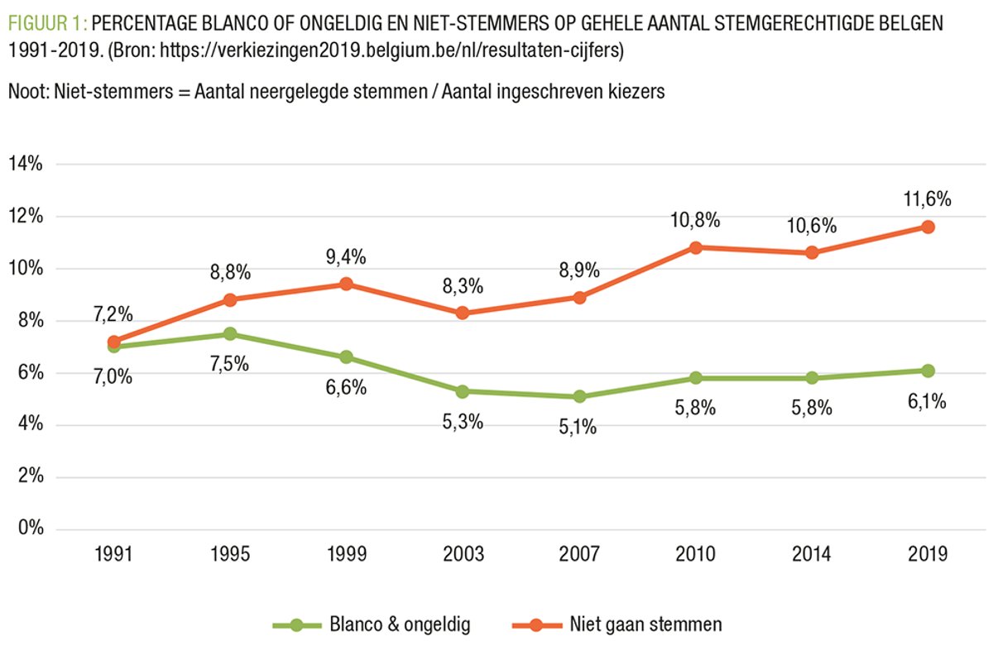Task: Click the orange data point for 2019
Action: tap(928, 227)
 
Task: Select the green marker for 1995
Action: tap(231, 334)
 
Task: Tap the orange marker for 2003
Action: tap(463, 313)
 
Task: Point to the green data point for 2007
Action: tap(579, 396)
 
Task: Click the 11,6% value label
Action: tap(928, 199)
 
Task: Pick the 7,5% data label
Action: tap(231, 363)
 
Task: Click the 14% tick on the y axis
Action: tap(26, 164)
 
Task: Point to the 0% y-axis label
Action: tap(31, 529)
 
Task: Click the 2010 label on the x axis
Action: tap(695, 553)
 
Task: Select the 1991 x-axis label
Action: tap(114, 553)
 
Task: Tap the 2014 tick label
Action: tap(811, 553)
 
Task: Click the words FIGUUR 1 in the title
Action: tap(45, 22)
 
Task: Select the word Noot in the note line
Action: tap(26, 92)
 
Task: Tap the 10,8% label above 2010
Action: tap(695, 220)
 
